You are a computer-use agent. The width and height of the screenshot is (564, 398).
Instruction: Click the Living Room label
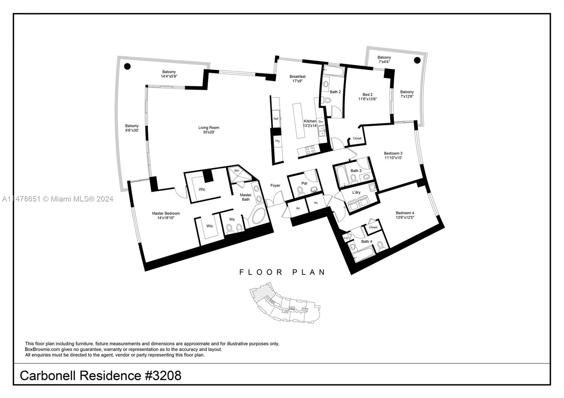pyautogui.click(x=209, y=128)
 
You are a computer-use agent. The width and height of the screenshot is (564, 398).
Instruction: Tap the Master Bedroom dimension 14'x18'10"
pyautogui.click(x=166, y=218)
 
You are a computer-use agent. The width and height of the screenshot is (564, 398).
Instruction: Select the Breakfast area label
pyautogui.click(x=298, y=76)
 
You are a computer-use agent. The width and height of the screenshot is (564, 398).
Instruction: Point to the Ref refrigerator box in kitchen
pyautogui.click(x=276, y=119)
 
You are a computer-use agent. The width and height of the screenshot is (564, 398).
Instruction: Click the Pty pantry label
pyautogui.click(x=277, y=141)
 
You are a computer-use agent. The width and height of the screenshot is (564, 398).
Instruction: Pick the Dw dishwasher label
pyautogui.click(x=321, y=122)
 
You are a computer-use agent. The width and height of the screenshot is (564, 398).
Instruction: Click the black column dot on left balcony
pyautogui.click(x=128, y=66)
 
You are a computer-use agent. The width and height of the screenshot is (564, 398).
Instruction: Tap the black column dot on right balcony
pyautogui.click(x=417, y=60)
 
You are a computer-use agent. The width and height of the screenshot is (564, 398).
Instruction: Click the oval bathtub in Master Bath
pyautogui.click(x=259, y=218)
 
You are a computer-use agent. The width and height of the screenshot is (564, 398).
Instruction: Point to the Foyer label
pyautogui.click(x=275, y=186)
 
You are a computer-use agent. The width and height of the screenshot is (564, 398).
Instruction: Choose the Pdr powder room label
pyautogui.click(x=304, y=184)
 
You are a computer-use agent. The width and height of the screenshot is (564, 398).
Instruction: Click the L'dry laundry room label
pyautogui.click(x=356, y=192)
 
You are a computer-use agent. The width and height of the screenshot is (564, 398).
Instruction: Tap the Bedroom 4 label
pyautogui.click(x=405, y=213)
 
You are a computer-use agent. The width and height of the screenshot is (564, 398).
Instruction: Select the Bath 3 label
pyautogui.click(x=356, y=171)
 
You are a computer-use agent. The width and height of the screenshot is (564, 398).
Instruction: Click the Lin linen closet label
pyautogui.click(x=346, y=238)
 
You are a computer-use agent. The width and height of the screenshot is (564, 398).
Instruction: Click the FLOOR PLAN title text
pyautogui.click(x=282, y=272)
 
